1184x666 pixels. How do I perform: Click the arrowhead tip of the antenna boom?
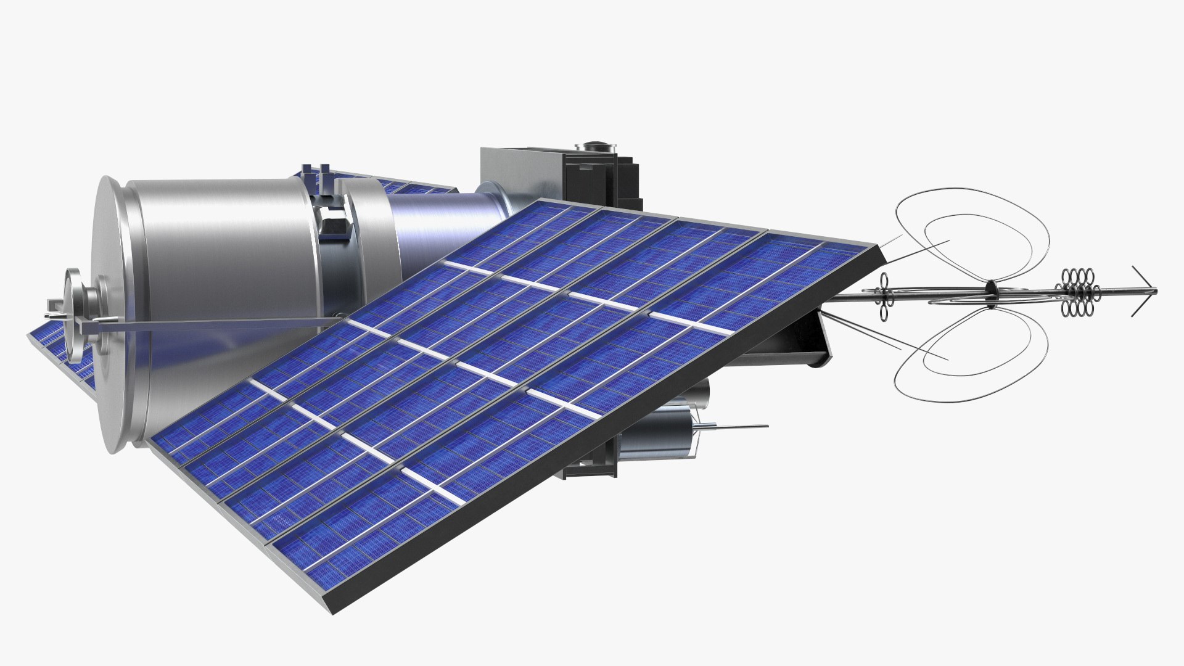tap(1154, 291)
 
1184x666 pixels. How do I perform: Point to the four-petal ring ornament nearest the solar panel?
tap(885, 297)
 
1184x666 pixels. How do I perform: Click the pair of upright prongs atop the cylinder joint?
tap(314, 174)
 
